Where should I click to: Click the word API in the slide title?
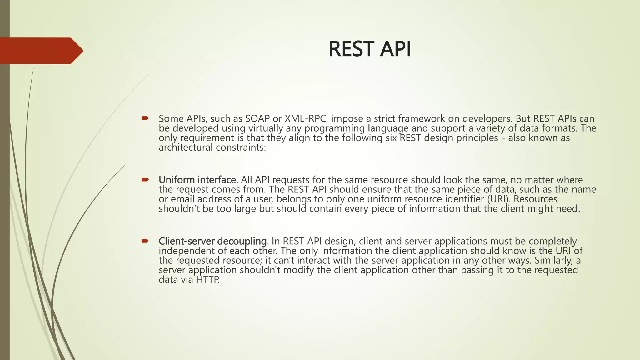pos(395,49)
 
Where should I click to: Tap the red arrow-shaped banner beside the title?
pos(41,51)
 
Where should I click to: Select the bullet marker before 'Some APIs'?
pos(145,118)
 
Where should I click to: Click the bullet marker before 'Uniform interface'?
pos(145,179)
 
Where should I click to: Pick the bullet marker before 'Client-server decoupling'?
pos(145,241)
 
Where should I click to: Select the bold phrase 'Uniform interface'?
pos(197,180)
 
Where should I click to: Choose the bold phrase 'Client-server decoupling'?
pos(212,241)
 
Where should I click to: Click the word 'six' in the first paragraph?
pos(391,138)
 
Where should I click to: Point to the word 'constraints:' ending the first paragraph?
pos(241,147)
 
